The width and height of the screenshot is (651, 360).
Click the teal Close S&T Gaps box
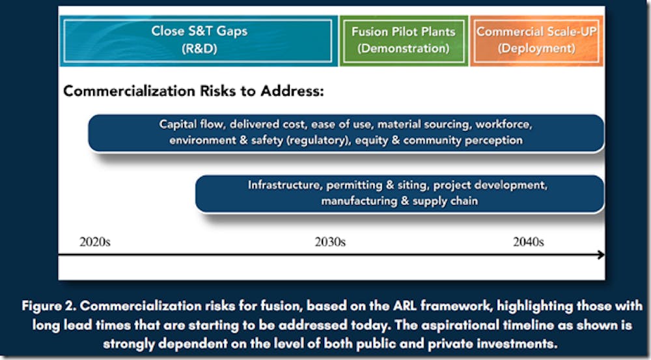(199, 41)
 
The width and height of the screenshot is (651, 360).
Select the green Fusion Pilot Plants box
(404, 41)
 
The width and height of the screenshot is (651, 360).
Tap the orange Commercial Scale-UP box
(536, 41)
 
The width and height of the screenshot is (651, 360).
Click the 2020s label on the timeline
(95, 242)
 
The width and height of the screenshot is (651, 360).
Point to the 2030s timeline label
(330, 242)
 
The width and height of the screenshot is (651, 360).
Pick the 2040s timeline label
(529, 242)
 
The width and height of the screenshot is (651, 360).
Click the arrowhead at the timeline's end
(601, 255)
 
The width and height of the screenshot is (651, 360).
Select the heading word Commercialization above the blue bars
(130, 91)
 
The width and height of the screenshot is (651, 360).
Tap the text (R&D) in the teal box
(199, 49)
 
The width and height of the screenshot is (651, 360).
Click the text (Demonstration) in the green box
(404, 49)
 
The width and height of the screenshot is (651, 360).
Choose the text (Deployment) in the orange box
(536, 49)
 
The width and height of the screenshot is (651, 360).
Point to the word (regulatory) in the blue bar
(318, 141)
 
